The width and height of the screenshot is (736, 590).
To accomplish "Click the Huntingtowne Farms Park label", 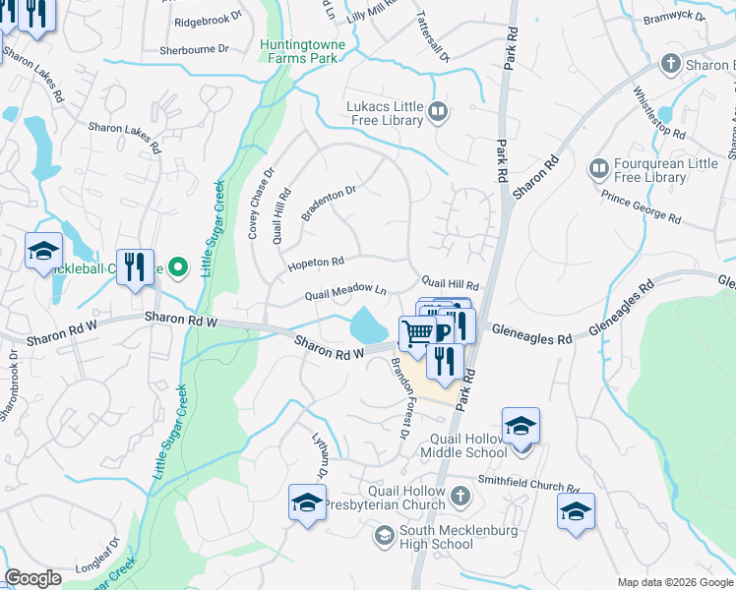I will point(299,51).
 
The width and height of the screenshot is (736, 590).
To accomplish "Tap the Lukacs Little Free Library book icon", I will point(438,113).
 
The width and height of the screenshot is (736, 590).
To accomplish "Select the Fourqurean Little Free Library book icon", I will point(597,170).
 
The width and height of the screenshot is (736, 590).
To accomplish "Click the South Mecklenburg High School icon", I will point(385,537).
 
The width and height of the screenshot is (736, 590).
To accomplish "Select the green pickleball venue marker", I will point(178,266).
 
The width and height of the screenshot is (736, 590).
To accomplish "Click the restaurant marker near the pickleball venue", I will point(136,266).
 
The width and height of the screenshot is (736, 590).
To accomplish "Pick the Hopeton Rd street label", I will point(315,263).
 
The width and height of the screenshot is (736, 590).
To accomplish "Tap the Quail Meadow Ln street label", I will point(345,292).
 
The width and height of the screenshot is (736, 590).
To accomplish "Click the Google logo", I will point(32,578).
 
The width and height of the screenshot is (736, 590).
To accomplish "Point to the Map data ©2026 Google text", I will point(674,582).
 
